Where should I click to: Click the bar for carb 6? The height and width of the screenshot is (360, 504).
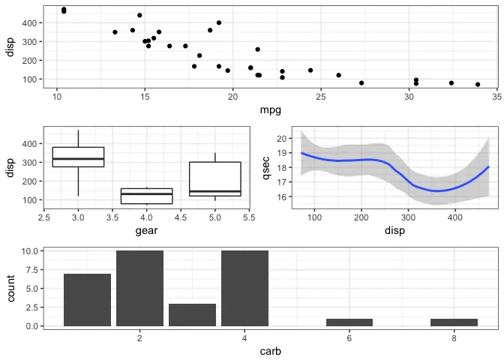(349, 322)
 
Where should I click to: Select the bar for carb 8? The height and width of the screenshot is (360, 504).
(454, 322)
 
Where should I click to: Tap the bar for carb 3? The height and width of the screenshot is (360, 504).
(192, 315)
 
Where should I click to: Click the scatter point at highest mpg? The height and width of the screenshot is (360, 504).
(478, 85)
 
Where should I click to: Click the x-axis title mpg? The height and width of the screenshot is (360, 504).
(270, 112)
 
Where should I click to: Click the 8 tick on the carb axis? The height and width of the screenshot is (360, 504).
(454, 337)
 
